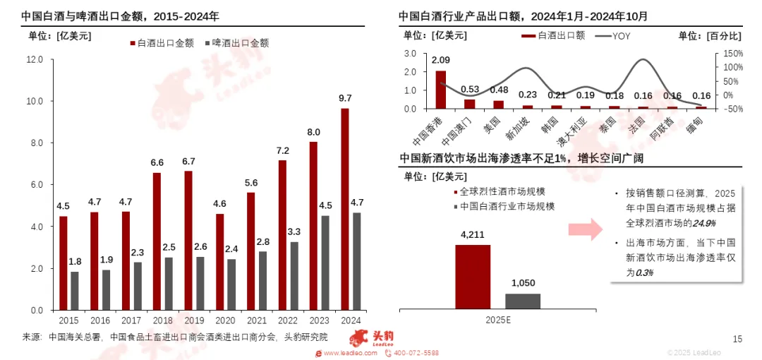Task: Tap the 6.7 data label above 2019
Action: [188, 162]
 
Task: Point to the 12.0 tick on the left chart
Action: [35, 60]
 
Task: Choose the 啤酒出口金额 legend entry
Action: [236, 43]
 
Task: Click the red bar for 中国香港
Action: [441, 90]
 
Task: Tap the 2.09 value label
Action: [441, 60]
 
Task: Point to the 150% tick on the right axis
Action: [732, 53]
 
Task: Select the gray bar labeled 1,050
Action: [523, 301]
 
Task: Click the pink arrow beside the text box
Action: [584, 228]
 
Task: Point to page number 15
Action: [737, 339]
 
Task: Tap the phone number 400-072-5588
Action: [416, 353]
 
